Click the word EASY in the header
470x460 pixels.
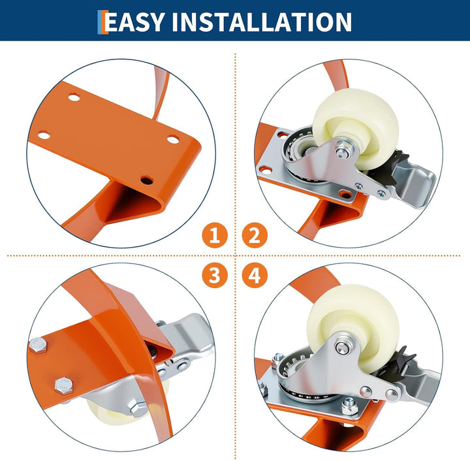134,22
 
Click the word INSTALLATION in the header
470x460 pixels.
262,22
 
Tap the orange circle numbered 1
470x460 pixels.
215,235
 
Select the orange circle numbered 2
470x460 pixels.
255,235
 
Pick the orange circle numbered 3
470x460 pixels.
215,275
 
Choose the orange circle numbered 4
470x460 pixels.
255,275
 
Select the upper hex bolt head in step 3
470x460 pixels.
38,345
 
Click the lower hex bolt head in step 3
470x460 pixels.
64,386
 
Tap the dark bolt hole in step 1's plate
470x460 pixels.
147,180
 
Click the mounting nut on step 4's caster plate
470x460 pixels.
349,406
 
